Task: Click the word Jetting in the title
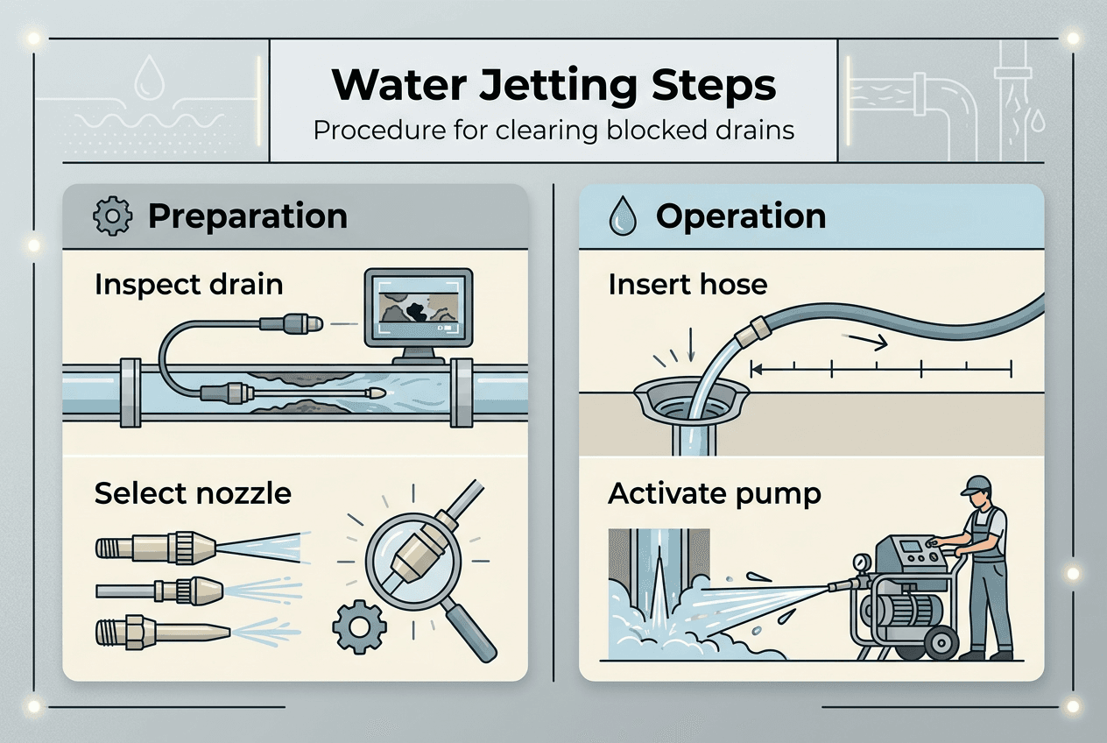coord(578,86)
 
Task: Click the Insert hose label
coord(687,285)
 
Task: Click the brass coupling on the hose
coord(754,334)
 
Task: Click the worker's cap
coord(977,484)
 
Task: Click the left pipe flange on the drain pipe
coord(129,392)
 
